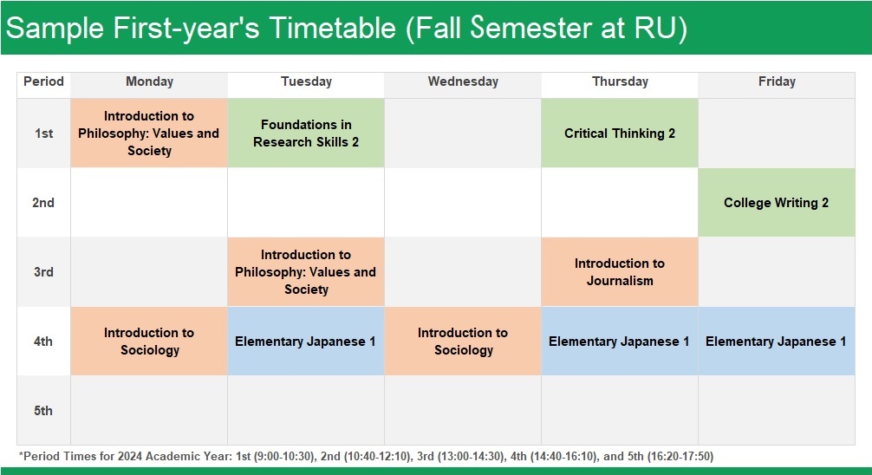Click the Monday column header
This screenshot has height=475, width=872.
(x=149, y=81)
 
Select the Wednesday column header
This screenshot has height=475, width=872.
(x=463, y=81)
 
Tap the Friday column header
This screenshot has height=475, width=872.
(x=777, y=81)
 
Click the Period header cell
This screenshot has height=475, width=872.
(x=43, y=81)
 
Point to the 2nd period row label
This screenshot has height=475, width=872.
(x=43, y=203)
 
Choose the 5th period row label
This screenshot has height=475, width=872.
(x=43, y=411)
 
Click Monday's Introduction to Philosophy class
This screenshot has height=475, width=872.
(x=149, y=133)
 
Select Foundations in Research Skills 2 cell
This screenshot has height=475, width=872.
(x=306, y=133)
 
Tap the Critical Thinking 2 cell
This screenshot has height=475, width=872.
(x=620, y=133)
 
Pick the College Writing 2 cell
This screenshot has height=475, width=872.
(x=777, y=203)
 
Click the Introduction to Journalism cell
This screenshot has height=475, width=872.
(x=620, y=272)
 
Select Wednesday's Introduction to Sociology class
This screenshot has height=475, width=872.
(x=463, y=341)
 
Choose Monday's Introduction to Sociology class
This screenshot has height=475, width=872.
(x=149, y=341)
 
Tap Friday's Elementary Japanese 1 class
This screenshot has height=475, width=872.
(x=777, y=341)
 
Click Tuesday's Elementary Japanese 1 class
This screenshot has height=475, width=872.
(x=306, y=341)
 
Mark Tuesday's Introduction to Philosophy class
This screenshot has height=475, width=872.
(x=306, y=272)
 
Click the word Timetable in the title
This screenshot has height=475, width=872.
(x=333, y=28)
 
